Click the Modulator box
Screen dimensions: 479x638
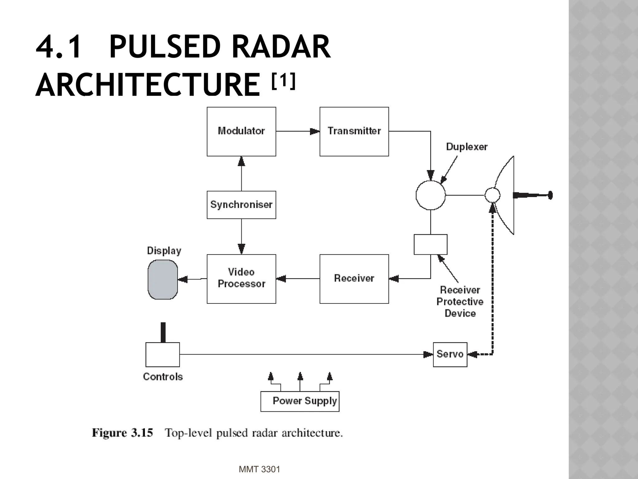click(x=241, y=131)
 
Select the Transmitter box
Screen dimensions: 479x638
click(x=354, y=131)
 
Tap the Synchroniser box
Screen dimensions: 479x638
click(x=241, y=205)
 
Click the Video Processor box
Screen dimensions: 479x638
click(x=241, y=278)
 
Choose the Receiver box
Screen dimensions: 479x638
click(x=354, y=278)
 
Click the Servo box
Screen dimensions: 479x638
click(x=450, y=354)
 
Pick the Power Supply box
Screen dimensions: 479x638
click(x=300, y=401)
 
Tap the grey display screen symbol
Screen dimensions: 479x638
click(x=163, y=279)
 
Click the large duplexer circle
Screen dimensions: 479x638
click(x=431, y=195)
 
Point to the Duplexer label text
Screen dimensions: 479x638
click(x=466, y=147)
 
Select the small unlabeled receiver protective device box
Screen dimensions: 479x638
click(x=430, y=244)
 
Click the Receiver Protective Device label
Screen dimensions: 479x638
click(x=460, y=302)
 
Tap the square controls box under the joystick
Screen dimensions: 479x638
click(x=162, y=355)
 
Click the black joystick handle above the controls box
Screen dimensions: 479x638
click(x=163, y=332)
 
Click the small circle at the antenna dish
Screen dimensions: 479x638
click(x=492, y=195)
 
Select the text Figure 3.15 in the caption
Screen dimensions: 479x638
click(x=122, y=433)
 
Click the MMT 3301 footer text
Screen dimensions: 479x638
click(x=259, y=469)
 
